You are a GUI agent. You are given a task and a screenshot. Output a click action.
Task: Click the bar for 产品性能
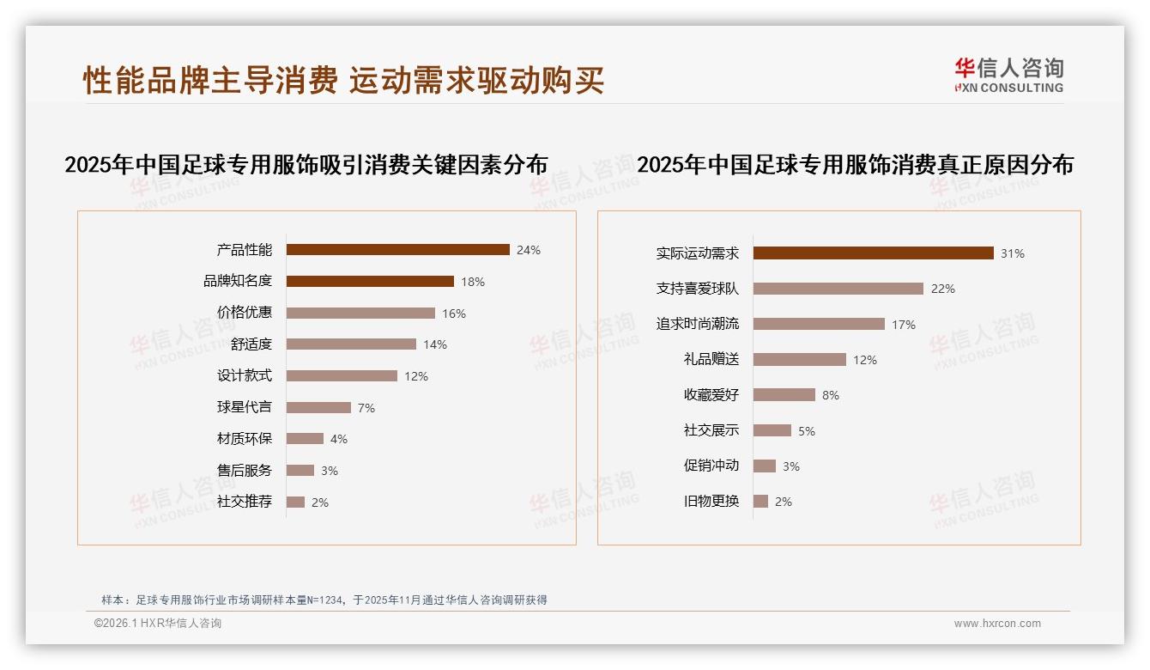pos(397,250)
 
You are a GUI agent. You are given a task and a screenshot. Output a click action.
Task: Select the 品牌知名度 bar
pos(370,281)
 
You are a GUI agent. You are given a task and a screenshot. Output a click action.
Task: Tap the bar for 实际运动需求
pos(873,253)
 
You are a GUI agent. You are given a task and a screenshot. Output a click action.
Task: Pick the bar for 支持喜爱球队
pos(838,289)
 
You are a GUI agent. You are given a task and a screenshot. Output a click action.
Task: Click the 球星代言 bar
pos(318,407)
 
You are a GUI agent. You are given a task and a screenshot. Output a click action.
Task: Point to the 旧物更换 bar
pos(760,501)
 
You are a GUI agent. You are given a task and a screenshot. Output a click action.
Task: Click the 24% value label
pos(529,250)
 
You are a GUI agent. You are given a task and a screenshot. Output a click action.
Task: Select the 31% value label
pos(1013,253)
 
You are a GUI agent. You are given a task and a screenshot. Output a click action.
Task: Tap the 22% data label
pos(943,289)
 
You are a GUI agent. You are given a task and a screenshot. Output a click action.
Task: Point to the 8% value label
pos(831,395)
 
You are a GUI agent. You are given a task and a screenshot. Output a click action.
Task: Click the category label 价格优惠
pos(245,313)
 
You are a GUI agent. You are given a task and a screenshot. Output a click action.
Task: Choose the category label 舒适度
pos(251,344)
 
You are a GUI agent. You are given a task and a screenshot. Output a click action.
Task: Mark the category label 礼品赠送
pos(711,360)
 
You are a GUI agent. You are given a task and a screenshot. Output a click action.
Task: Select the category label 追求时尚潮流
pos(698,324)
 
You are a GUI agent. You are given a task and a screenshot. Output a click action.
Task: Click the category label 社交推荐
pos(245,502)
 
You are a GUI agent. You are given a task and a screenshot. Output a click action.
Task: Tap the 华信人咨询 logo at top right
pos(1008,76)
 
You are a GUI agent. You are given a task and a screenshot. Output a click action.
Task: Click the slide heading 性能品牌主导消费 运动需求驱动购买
pos(343,80)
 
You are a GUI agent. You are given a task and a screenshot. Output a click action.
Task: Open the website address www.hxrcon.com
pos(997,624)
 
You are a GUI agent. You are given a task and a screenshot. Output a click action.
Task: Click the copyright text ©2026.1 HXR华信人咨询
pos(158,624)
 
